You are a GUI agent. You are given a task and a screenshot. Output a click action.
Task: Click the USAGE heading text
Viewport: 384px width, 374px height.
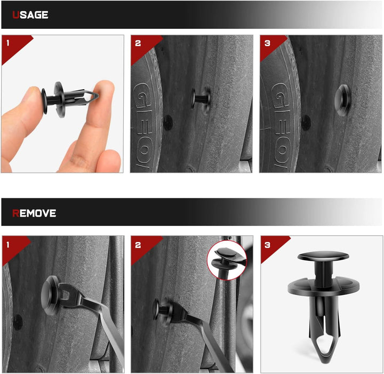pos(30,15)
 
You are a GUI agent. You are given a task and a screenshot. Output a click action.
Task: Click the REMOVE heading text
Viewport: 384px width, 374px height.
pos(34,213)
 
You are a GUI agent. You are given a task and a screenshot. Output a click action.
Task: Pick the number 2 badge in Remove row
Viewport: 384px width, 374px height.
pos(138,244)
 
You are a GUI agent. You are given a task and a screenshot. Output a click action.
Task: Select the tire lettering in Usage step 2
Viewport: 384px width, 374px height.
pos(145,123)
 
